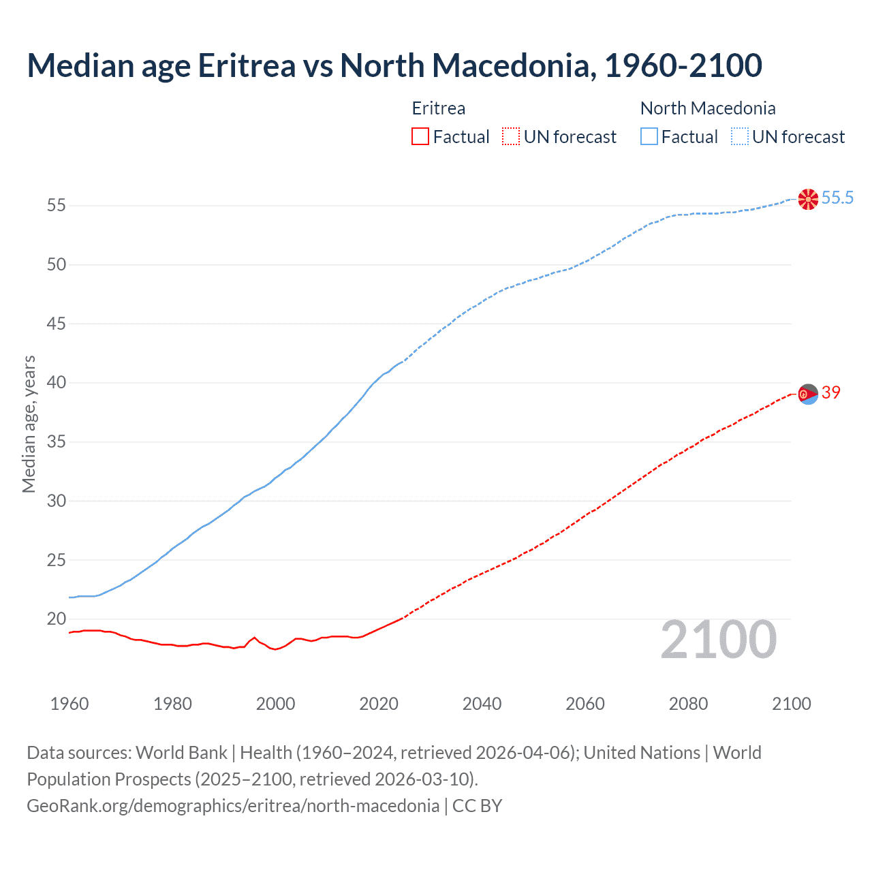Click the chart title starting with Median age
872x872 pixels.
(x=394, y=65)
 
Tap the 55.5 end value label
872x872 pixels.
(x=837, y=198)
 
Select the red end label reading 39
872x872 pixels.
(x=830, y=392)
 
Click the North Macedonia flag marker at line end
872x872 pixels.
(x=808, y=199)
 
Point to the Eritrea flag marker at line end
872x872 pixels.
(x=808, y=394)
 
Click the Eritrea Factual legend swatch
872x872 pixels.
(x=420, y=137)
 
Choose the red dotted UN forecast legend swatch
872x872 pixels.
(x=511, y=137)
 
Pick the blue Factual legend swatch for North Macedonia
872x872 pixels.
(x=649, y=137)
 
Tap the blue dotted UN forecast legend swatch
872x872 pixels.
(x=739, y=137)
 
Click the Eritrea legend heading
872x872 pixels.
(x=439, y=108)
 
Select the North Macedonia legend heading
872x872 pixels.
(x=708, y=108)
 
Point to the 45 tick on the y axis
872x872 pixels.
(x=57, y=324)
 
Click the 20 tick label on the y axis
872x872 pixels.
(x=57, y=619)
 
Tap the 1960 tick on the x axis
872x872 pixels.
(x=69, y=704)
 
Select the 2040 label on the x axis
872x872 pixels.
(x=482, y=704)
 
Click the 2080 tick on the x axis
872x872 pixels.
(x=688, y=704)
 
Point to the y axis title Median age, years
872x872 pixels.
(x=29, y=424)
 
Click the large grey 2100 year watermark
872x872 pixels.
(x=718, y=640)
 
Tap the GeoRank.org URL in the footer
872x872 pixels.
(x=233, y=806)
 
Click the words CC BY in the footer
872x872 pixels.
(x=477, y=806)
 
